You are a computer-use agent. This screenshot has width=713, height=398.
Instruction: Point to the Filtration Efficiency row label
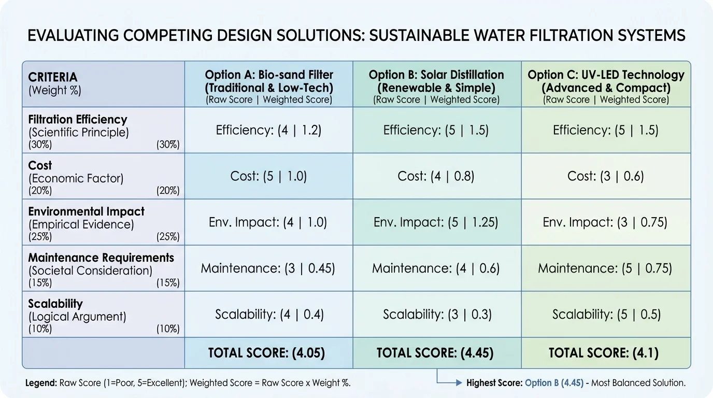[x=78, y=120]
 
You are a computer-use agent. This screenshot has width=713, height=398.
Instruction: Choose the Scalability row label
[x=55, y=304]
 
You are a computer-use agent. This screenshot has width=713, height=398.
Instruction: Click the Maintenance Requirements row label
[x=101, y=258]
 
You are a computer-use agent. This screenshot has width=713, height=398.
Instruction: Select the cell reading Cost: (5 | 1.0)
[x=268, y=176]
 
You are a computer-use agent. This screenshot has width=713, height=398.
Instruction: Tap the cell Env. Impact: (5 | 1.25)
[x=436, y=222]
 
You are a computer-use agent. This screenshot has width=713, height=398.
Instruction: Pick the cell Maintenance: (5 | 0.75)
[x=605, y=268]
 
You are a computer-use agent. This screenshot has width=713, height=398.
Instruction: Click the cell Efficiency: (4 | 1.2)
[x=268, y=130]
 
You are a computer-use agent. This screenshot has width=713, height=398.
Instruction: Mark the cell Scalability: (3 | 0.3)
[x=436, y=314]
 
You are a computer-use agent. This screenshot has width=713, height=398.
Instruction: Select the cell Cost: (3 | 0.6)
[x=605, y=176]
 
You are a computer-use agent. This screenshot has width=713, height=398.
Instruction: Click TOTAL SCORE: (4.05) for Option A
[x=266, y=353]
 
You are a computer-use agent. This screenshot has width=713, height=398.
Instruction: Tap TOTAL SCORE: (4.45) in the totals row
[x=435, y=353]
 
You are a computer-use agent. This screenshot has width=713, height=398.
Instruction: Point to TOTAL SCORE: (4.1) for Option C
[x=604, y=353]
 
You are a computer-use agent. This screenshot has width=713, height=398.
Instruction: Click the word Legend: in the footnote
[x=41, y=383]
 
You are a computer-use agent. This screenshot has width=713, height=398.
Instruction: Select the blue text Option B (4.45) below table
[x=554, y=383]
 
